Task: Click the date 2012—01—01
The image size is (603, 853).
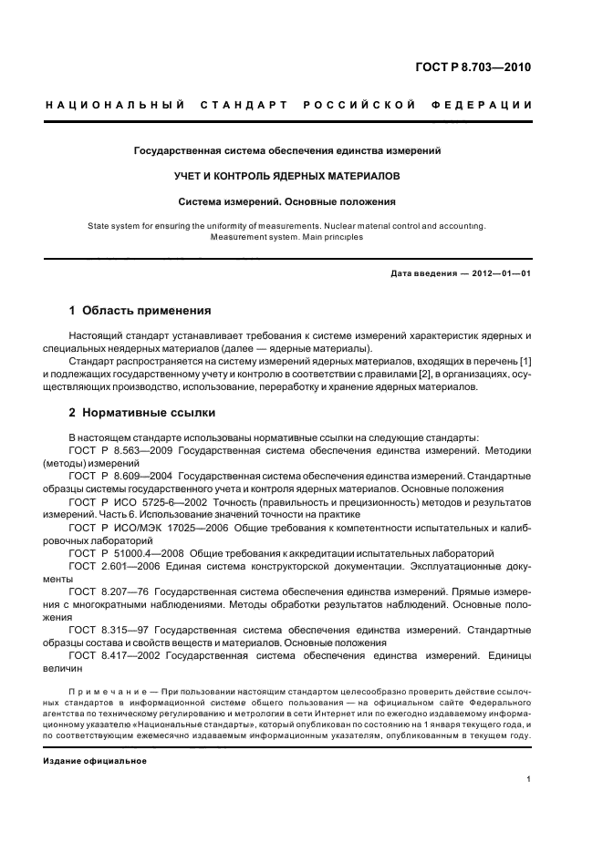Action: (x=496, y=273)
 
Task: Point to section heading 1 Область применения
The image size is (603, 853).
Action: (x=140, y=310)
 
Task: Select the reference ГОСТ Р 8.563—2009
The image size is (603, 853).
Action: (x=121, y=450)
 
